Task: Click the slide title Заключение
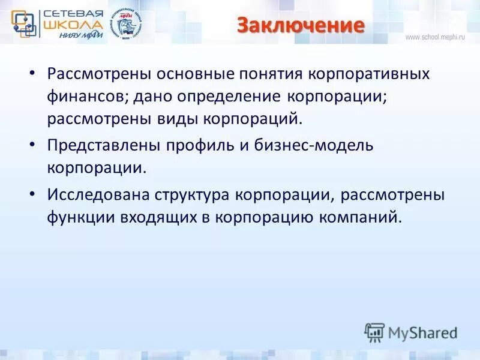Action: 300,26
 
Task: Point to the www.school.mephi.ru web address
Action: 435,37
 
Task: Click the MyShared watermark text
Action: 422,332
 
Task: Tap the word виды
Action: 175,118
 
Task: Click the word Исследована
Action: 98,196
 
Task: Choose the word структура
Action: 193,196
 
